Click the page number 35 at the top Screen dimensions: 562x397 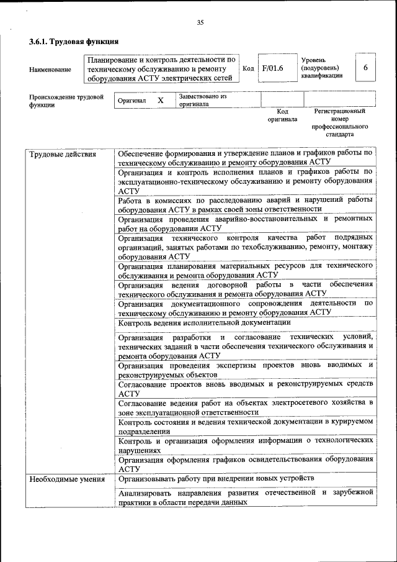200,23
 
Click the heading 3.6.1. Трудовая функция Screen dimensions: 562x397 74,42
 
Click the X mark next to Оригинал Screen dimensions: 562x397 161,100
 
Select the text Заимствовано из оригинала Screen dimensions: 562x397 203,101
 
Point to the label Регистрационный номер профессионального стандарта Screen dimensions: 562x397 339,122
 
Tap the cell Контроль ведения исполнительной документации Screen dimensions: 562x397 204,323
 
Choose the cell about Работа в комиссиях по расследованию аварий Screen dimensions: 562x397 245,204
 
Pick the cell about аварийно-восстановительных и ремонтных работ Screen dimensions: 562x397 245,223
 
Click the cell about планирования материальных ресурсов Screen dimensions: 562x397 245,270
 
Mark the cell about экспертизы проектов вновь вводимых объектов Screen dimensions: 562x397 245,370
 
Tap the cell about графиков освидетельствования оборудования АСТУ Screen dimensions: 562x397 245,464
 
